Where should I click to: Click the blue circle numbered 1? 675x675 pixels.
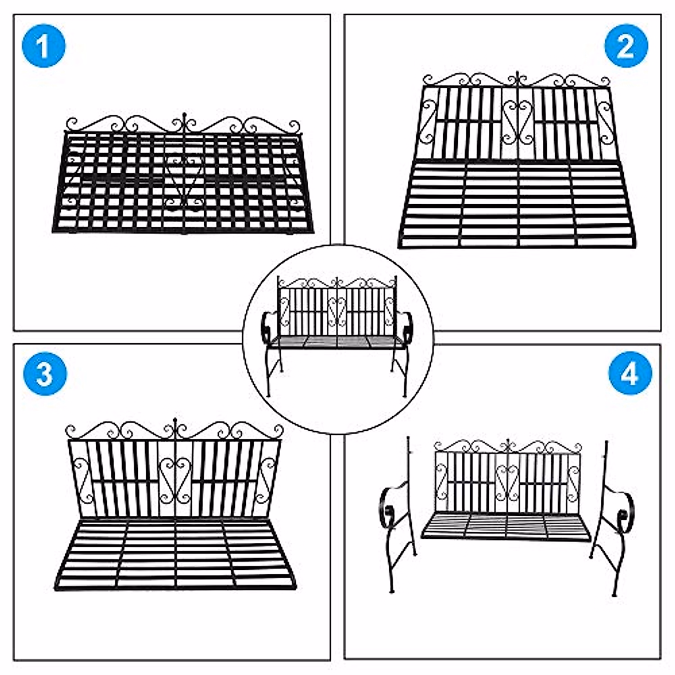click(43, 46)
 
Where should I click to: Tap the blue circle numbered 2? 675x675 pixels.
click(626, 46)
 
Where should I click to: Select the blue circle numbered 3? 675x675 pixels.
click(45, 373)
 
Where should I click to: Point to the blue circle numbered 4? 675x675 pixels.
click(630, 373)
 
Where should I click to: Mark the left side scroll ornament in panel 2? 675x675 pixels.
click(428, 123)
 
